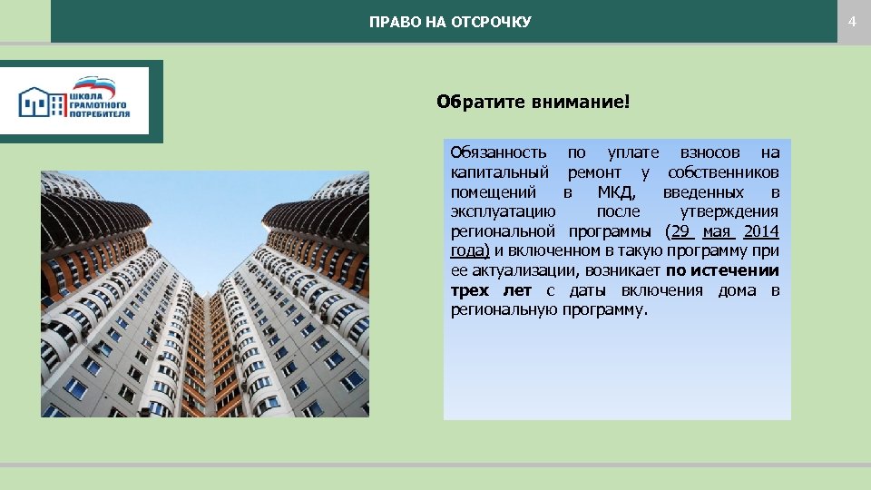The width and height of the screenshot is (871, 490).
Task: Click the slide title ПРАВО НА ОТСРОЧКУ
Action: coord(450,22)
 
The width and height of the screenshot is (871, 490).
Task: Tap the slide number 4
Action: coord(852,21)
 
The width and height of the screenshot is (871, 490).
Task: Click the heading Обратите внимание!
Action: coord(532,102)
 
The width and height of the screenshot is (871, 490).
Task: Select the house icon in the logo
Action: coord(44,102)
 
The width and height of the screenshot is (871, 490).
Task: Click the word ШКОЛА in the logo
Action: coord(88,95)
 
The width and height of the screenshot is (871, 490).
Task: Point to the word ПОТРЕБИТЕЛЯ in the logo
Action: coord(100,115)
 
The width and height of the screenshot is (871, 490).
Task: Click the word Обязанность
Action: coord(498,152)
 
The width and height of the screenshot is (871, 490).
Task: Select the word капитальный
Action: coord(499,172)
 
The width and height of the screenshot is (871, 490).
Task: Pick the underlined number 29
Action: coord(680,231)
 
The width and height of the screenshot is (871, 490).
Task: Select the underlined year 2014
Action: coord(760,231)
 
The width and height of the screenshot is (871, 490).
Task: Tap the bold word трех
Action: coord(470,290)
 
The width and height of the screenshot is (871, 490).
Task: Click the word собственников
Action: coord(723,172)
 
